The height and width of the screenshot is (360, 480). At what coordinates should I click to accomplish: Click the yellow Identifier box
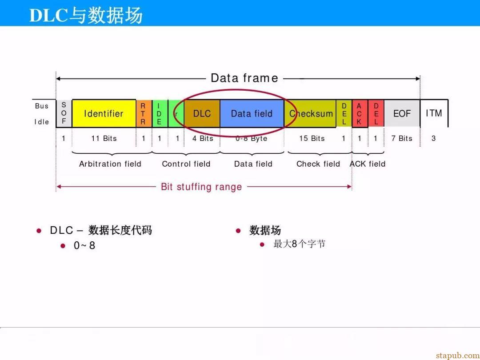[104, 114]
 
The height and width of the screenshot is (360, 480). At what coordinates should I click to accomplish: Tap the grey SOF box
[64, 114]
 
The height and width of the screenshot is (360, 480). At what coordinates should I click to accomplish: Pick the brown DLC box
[202, 114]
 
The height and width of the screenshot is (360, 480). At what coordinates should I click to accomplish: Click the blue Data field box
[252, 114]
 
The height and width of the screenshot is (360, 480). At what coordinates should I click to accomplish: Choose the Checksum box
[310, 114]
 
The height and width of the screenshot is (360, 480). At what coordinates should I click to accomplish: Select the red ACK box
[360, 114]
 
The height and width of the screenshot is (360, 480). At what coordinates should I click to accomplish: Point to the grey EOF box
[402, 114]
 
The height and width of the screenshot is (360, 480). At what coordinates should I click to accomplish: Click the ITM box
[434, 114]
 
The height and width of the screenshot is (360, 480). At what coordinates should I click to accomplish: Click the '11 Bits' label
[104, 138]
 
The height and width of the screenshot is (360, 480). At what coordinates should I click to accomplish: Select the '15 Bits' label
[312, 138]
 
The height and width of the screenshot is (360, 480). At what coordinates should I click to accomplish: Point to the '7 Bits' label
[402, 138]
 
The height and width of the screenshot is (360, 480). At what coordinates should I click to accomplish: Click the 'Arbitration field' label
[110, 164]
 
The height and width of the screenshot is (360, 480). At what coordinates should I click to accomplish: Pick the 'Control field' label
[186, 164]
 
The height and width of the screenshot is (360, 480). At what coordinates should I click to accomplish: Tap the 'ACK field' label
[368, 164]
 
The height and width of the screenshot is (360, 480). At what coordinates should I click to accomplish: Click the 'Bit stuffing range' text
[201, 187]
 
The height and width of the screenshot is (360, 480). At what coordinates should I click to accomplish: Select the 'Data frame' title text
[244, 78]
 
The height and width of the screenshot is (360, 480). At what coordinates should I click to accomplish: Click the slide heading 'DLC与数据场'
[86, 15]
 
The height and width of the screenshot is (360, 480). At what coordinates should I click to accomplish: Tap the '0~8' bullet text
[84, 245]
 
